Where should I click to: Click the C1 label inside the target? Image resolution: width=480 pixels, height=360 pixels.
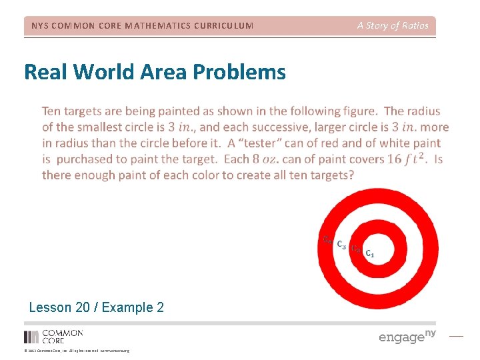[369, 254]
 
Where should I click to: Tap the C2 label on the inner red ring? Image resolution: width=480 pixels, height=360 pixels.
[356, 249]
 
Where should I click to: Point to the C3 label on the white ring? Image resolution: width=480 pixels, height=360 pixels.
[341, 245]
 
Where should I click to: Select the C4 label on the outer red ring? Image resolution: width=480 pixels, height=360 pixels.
[327, 240]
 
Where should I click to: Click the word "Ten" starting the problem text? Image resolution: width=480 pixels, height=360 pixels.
[53, 111]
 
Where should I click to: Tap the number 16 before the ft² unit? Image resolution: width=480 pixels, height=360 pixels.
[395, 159]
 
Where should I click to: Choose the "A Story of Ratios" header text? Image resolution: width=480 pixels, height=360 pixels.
[393, 25]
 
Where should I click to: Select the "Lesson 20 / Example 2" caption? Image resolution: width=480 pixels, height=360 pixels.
[97, 307]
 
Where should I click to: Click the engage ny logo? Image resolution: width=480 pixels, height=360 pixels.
[407, 336]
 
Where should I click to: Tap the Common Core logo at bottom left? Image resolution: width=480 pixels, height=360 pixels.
[53, 336]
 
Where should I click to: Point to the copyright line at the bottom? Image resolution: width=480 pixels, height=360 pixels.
[76, 351]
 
